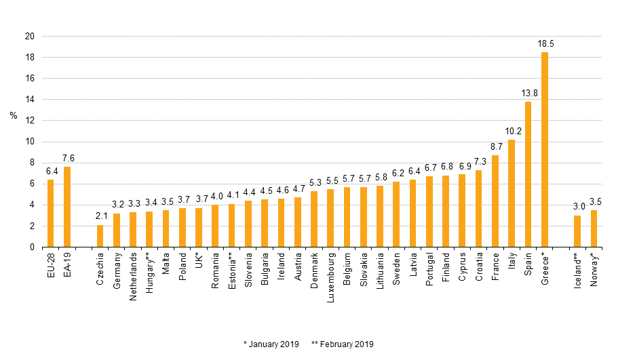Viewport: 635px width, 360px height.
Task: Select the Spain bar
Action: click(x=528, y=174)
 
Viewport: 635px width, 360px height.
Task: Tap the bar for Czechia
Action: click(x=100, y=236)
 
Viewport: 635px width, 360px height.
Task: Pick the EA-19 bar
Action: click(x=67, y=207)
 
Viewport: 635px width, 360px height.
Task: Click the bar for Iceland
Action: click(x=577, y=231)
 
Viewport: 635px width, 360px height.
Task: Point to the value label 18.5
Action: click(x=545, y=43)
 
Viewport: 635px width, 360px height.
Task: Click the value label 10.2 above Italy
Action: click(x=512, y=131)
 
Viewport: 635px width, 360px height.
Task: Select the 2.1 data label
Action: click(x=100, y=217)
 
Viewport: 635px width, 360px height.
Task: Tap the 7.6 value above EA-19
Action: click(x=68, y=158)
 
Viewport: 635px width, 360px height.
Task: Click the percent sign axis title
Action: click(x=14, y=115)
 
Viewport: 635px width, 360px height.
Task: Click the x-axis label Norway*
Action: click(x=594, y=269)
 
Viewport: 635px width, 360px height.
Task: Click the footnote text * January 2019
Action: click(x=271, y=344)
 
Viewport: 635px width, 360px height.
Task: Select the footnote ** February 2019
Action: click(x=343, y=344)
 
